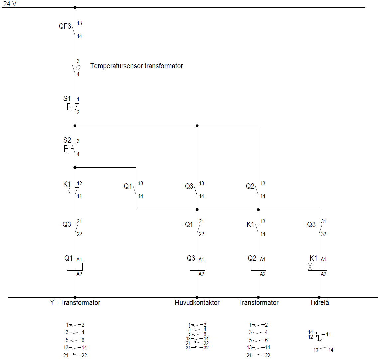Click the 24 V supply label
(10, 4)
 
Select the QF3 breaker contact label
(65, 26)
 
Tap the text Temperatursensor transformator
(136, 66)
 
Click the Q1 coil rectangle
(75, 267)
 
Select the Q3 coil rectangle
(197, 267)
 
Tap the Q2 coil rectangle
(258, 267)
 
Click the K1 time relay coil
(317, 267)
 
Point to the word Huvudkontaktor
(197, 303)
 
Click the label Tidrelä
(319, 303)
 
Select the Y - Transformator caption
(75, 303)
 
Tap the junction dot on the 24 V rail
(75, 7)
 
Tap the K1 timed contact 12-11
(75, 190)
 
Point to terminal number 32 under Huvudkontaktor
(206, 348)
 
